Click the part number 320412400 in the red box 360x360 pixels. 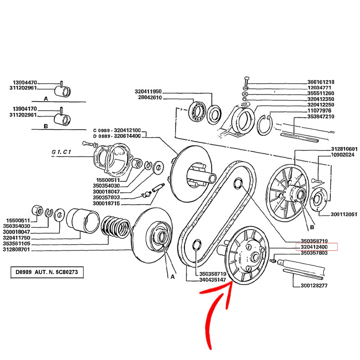point(315,247)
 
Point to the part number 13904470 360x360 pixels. point(25,83)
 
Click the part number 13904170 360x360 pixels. point(25,109)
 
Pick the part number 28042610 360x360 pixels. point(150,98)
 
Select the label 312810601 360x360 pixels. point(344,149)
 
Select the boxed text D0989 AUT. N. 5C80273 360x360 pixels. point(47,273)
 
